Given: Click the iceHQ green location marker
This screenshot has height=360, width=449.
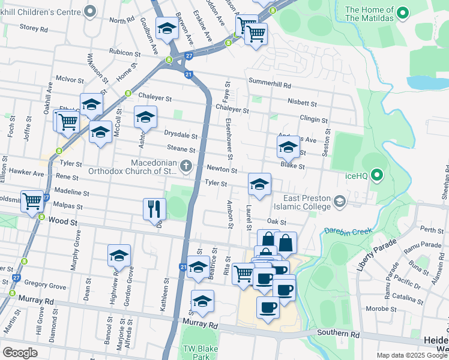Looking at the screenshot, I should (377, 175).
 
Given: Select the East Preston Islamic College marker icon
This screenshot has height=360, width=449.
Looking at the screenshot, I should (340, 201).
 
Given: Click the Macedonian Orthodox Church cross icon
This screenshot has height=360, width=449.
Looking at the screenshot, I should (187, 166).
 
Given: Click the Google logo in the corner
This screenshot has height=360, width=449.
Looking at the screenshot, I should (20, 353).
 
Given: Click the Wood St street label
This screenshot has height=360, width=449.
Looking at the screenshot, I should (65, 221).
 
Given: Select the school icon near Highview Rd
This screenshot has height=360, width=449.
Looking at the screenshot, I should (119, 255).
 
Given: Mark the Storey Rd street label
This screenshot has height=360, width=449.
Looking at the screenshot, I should (34, 28).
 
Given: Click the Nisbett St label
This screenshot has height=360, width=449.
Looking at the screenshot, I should (301, 102).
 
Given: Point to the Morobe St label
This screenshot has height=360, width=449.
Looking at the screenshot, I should (396, 309).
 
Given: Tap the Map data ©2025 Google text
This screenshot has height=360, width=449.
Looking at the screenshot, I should (412, 355).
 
